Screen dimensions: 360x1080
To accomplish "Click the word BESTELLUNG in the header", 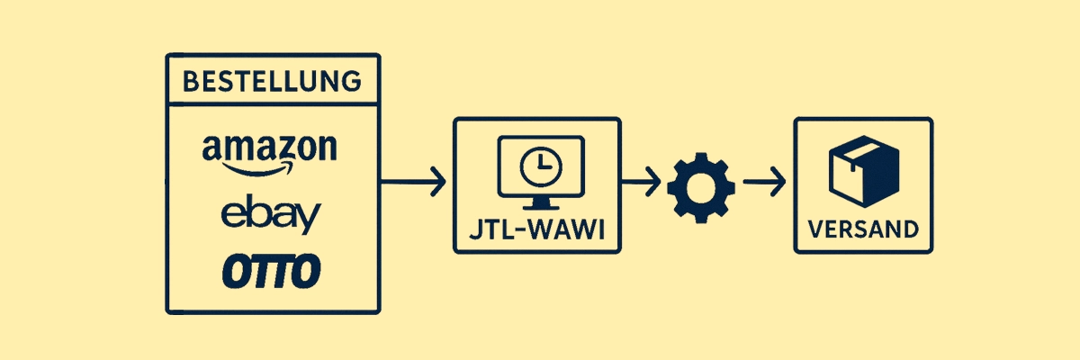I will [273, 81].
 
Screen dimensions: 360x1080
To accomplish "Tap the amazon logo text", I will [270, 148].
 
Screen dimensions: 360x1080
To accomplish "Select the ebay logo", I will [270, 216].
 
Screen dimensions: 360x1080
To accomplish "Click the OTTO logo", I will [271, 271].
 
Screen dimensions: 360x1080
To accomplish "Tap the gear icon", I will [695, 186].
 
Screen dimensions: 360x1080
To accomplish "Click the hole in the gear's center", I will [695, 187].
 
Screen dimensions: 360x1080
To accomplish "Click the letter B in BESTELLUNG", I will [190, 81].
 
